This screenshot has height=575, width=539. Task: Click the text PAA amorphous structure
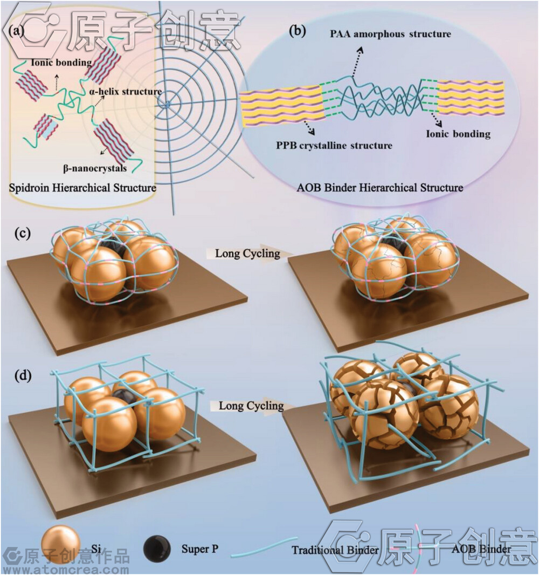[x=390, y=34]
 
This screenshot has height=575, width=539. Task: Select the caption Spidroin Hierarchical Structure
[x=83, y=188]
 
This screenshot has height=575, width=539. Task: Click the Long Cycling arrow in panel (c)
[x=248, y=252]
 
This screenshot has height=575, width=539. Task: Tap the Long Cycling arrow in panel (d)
[x=251, y=406]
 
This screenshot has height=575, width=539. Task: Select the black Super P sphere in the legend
[x=158, y=549]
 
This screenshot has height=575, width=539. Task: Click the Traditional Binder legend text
[x=335, y=550]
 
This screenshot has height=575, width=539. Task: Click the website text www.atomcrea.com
[x=66, y=569]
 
